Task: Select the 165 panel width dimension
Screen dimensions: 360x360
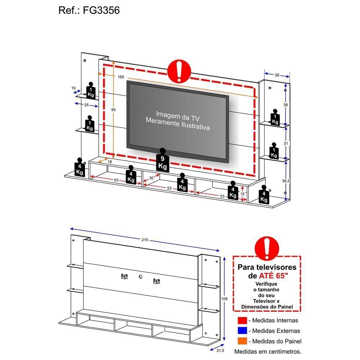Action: coord(121,77)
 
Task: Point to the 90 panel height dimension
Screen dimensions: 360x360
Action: coord(113,110)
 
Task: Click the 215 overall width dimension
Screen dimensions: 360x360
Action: coord(144,240)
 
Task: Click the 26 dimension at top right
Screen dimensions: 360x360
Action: coord(276,75)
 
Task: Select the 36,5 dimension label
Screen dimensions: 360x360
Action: coord(286,181)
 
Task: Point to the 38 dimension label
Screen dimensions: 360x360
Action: coord(285,105)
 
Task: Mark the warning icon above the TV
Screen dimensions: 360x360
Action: coord(179,71)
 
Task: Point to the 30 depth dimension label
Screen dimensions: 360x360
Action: coord(151,178)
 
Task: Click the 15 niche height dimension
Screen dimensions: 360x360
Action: coord(243,194)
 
